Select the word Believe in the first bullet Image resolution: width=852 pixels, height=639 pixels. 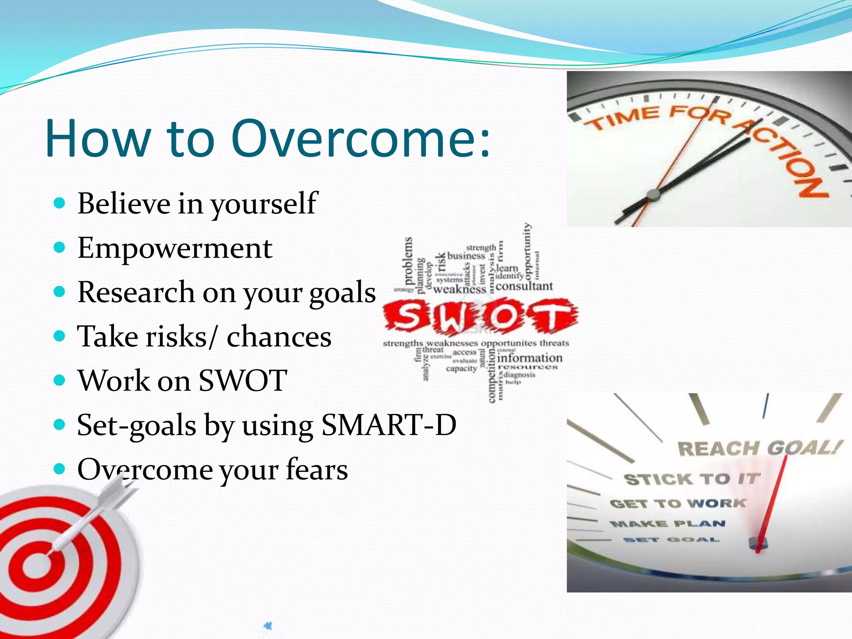click(124, 203)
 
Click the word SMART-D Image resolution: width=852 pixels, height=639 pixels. click(389, 425)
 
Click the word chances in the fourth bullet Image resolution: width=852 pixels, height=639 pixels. click(279, 337)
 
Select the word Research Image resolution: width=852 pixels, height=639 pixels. click(136, 292)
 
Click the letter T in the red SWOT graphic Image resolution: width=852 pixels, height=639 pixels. click(551, 316)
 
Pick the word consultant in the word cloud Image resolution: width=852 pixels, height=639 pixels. click(524, 286)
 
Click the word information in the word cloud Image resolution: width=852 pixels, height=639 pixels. click(529, 358)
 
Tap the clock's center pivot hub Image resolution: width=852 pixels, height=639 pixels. click(654, 194)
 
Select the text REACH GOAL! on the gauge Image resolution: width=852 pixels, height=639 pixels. click(760, 448)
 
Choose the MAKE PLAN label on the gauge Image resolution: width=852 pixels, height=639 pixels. click(668, 524)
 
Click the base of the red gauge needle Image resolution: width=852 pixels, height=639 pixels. click(758, 543)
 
